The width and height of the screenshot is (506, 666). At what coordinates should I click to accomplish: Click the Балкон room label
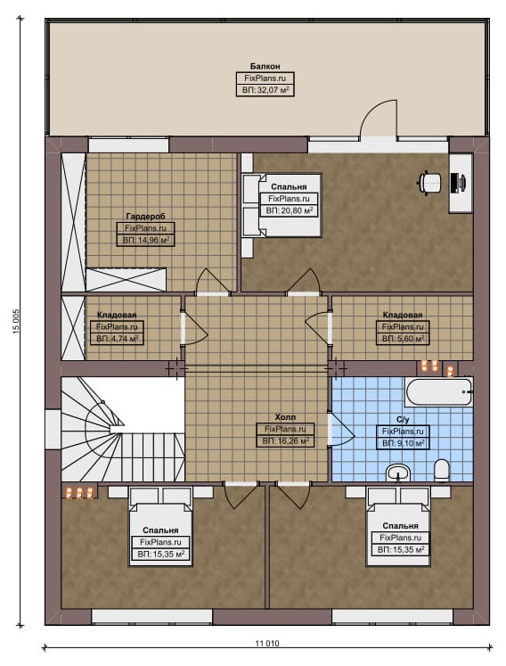click(265, 66)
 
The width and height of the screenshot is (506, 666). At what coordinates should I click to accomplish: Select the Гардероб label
click(145, 217)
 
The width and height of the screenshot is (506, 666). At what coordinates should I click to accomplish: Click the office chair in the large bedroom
click(429, 183)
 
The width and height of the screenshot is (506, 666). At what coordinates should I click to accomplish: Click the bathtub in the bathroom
click(439, 392)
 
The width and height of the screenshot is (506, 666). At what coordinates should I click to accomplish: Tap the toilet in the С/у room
click(442, 470)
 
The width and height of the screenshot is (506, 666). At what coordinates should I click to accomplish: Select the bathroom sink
click(398, 473)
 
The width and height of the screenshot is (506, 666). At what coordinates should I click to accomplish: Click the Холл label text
click(285, 417)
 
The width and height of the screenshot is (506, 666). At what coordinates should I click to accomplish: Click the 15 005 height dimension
click(16, 322)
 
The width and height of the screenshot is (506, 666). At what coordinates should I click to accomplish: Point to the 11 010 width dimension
click(267, 644)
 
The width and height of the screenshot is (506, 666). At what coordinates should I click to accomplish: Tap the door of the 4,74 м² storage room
click(193, 328)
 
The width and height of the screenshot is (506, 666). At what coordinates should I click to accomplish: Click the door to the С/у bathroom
click(341, 430)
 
